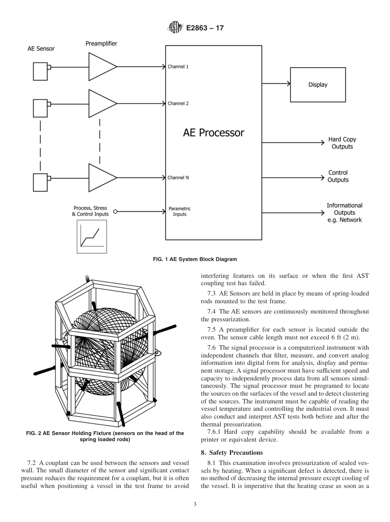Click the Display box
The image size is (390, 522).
(x=318, y=85)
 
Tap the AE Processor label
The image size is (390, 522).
(x=213, y=133)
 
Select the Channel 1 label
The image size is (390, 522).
(x=178, y=66)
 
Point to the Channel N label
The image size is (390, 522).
(x=178, y=178)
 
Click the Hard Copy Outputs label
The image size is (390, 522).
(x=342, y=143)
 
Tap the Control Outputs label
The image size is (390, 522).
(x=338, y=176)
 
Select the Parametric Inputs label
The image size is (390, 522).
(x=179, y=211)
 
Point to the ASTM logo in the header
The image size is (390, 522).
(x=174, y=28)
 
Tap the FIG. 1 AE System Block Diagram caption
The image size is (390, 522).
(x=195, y=259)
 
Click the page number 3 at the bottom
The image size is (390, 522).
(x=195, y=504)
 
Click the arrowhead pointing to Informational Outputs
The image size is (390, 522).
(x=322, y=213)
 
